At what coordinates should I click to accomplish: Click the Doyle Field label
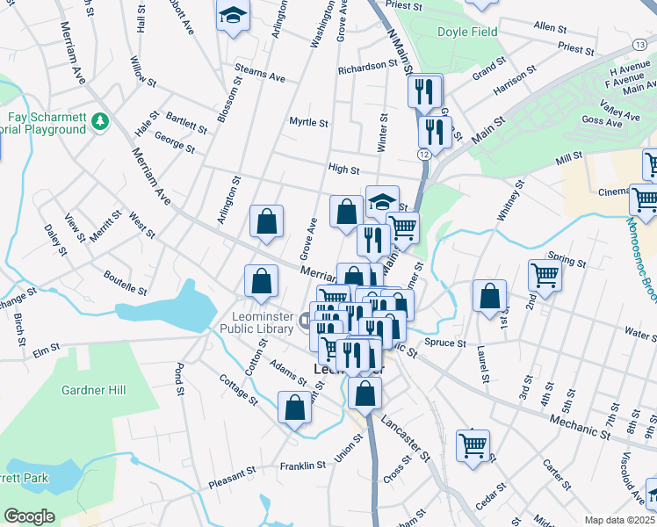(x=467, y=32)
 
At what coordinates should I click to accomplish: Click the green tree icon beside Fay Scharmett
(x=102, y=119)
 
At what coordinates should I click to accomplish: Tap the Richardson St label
(x=362, y=67)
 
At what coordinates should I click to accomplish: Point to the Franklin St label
(x=302, y=466)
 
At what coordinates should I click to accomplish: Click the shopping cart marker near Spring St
(x=545, y=275)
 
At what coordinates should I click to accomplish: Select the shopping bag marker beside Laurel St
(x=489, y=297)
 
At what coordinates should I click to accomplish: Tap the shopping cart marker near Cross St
(x=473, y=445)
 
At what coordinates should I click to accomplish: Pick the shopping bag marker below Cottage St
(x=294, y=407)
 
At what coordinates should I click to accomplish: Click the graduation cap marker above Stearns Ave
(x=233, y=16)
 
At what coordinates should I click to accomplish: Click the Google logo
(x=29, y=516)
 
